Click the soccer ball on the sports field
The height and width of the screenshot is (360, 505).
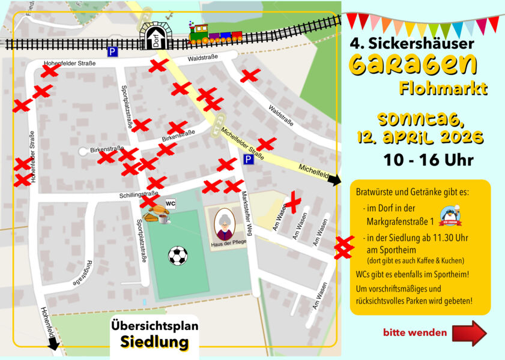pos(178,256)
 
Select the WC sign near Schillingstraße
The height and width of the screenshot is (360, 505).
pos(171,204)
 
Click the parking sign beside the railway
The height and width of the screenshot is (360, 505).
pos(112,52)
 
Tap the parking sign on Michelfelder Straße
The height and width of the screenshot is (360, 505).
pos(248,159)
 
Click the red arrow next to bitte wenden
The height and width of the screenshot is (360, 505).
pos(469,333)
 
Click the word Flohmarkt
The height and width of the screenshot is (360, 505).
pos(443,89)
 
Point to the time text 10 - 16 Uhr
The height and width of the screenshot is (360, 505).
pos(429,160)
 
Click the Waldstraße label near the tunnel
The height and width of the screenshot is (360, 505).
pos(202,58)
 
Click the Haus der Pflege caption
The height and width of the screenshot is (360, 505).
pos(224,245)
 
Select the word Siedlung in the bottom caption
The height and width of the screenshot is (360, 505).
pos(154,342)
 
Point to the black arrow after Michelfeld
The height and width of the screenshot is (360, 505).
pos(334,179)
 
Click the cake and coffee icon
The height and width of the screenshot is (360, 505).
pos(159,214)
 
